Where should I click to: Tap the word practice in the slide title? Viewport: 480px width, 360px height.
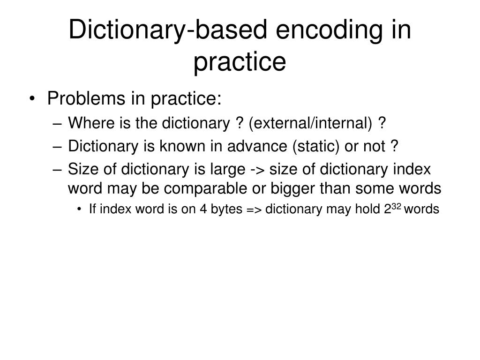click(240, 62)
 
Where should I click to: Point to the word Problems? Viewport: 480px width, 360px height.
click(87, 99)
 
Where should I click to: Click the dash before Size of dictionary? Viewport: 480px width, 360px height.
click(58, 169)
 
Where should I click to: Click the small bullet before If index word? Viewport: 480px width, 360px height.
click(81, 210)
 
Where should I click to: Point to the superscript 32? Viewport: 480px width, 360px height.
click(397, 206)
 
